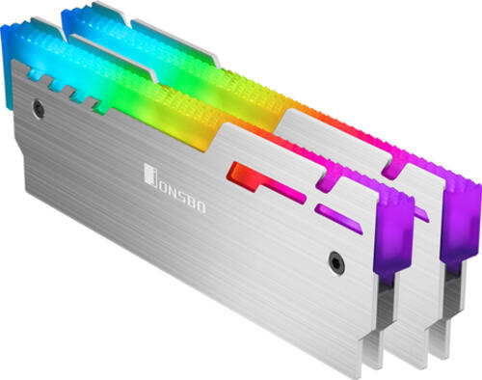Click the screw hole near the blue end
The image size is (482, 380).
(39, 109)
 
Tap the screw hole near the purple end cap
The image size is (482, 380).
(336, 263)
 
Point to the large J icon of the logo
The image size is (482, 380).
(151, 176)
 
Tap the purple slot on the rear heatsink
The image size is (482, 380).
(421, 214)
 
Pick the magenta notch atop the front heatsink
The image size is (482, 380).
(326, 180)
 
